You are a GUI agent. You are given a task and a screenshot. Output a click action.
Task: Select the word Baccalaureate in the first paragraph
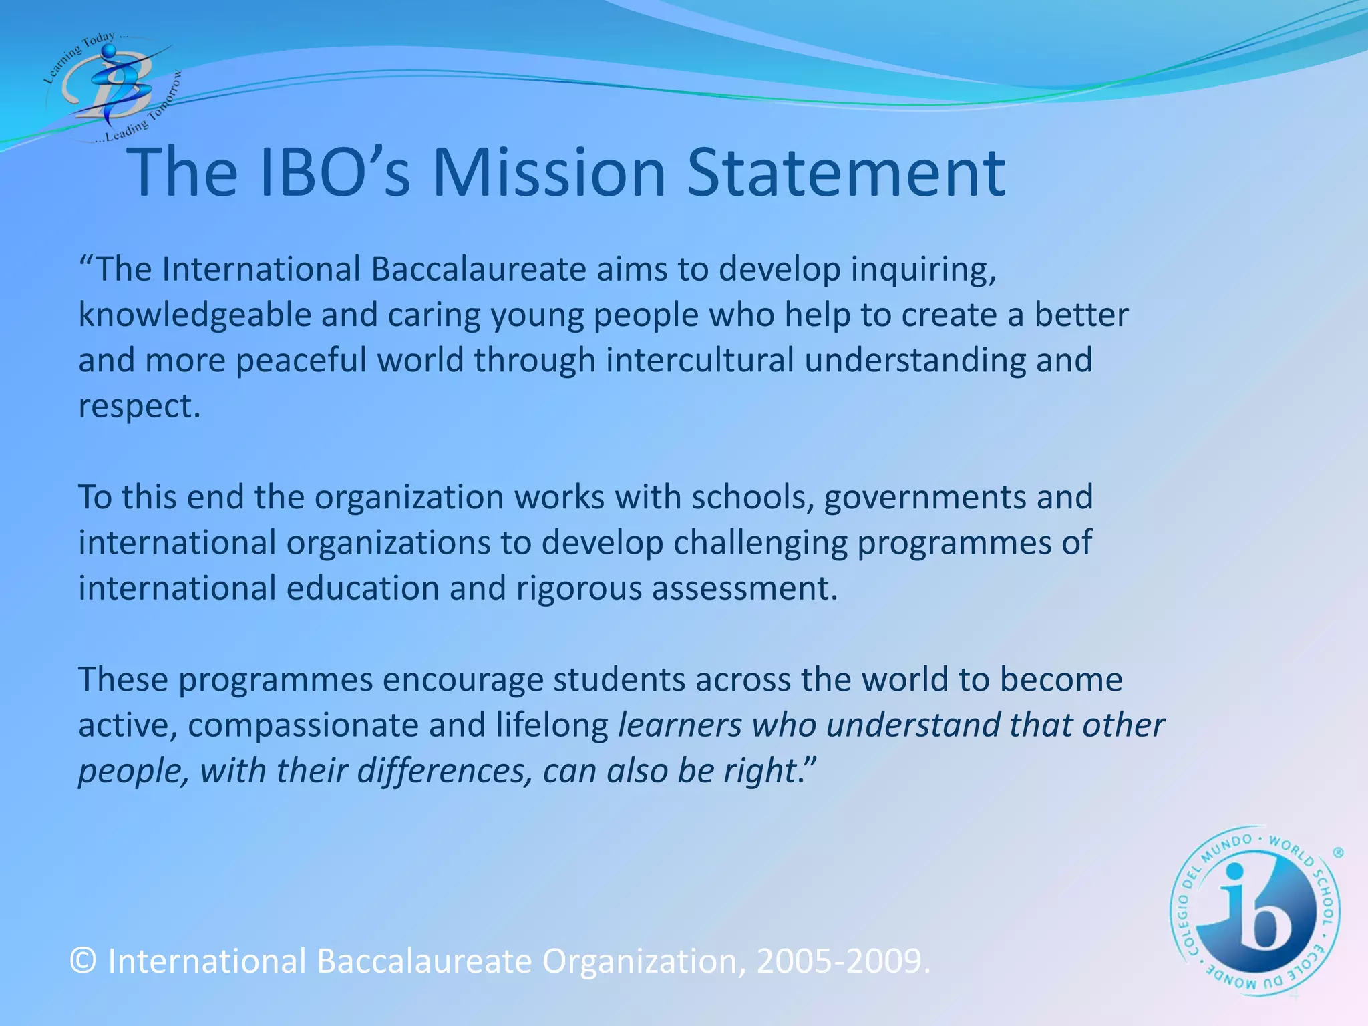tap(478, 269)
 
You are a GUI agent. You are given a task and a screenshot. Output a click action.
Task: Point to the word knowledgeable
tap(194, 315)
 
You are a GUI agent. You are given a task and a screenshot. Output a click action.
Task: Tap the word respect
tap(139, 407)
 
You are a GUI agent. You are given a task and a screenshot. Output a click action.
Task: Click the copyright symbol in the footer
tap(83, 961)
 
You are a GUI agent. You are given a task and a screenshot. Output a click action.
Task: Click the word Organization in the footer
tap(642, 961)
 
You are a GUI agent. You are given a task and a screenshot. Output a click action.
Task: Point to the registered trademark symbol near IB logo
tap(1338, 853)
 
